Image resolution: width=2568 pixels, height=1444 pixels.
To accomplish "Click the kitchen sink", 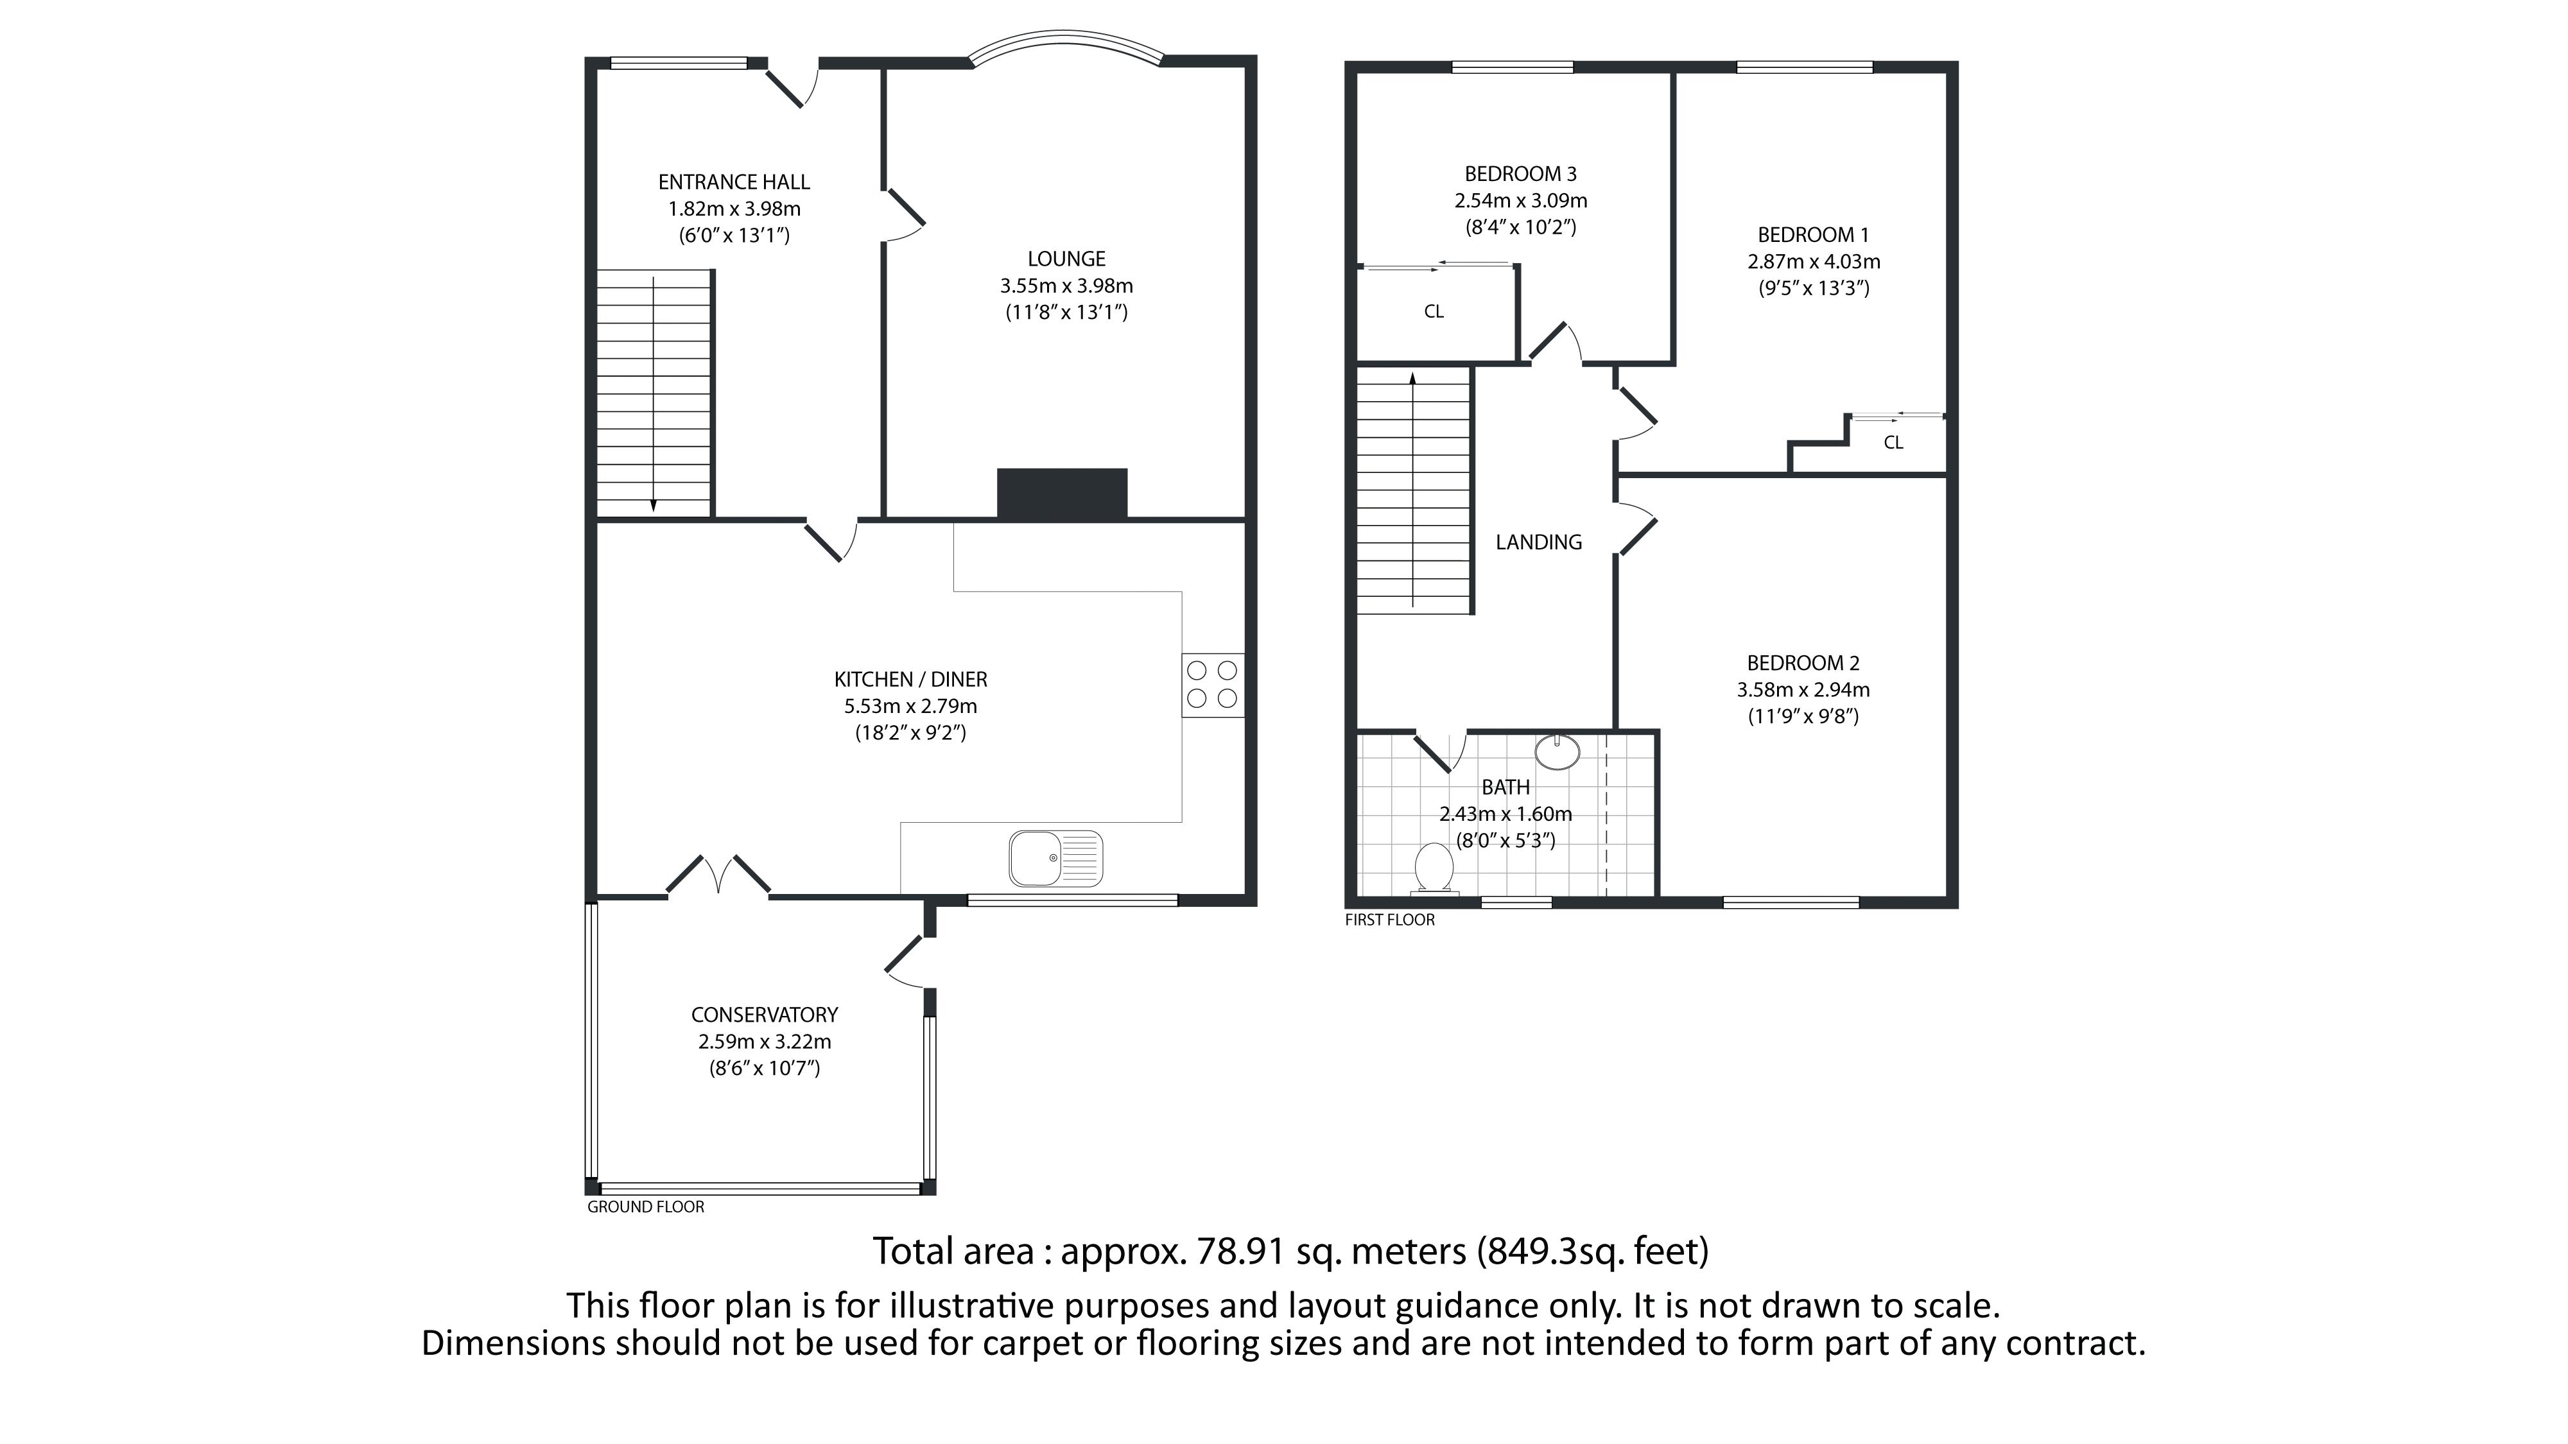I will coord(1055,858).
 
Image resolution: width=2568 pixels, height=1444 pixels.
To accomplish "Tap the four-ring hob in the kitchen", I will coord(1212,685).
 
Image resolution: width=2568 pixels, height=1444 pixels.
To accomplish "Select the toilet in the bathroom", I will coord(1434,868).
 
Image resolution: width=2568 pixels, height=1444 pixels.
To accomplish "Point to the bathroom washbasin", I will coord(1556,752).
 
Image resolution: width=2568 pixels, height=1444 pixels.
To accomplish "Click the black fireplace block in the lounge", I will coord(1062,494).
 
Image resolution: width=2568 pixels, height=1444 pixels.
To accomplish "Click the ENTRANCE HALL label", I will coord(734,182).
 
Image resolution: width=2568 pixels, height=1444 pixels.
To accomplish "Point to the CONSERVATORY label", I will coord(765,1015).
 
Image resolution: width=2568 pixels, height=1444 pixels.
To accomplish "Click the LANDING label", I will coord(1538,542).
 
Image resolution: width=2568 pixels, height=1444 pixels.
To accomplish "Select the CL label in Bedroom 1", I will coord(1893,442).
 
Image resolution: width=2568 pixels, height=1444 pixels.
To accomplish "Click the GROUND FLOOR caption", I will coord(645,1207).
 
